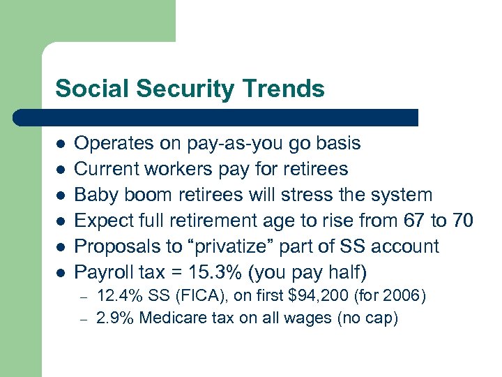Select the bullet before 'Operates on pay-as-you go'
click(x=61, y=144)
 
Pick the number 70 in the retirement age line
click(x=462, y=221)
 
